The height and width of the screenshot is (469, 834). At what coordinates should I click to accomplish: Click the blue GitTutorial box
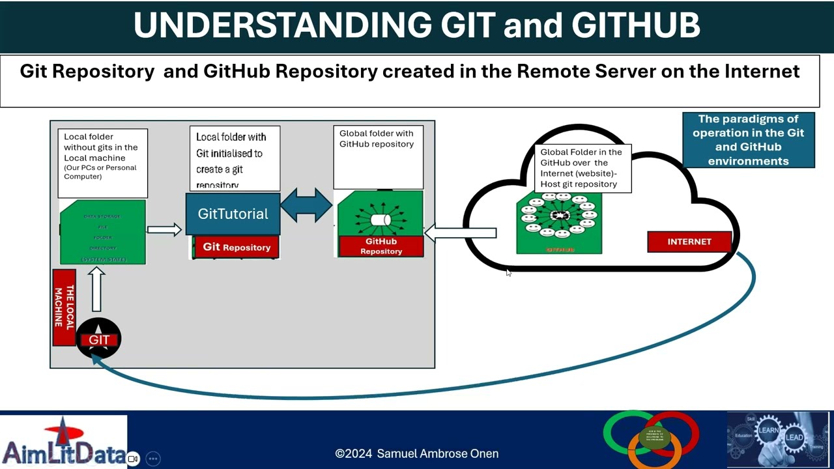coord(233,214)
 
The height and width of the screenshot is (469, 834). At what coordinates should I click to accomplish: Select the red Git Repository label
coord(237,247)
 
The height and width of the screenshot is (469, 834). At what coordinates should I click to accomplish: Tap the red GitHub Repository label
coord(381,246)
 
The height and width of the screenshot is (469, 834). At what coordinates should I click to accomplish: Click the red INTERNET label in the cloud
coord(689,242)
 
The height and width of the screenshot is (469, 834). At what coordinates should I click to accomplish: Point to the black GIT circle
coord(98,339)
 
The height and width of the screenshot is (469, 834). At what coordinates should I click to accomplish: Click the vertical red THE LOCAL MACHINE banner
coord(64,307)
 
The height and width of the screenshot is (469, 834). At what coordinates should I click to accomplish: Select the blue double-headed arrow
coord(306,205)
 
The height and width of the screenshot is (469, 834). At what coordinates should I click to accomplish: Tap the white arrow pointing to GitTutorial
coord(164,229)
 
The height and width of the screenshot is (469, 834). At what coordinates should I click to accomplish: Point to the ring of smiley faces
coord(559,216)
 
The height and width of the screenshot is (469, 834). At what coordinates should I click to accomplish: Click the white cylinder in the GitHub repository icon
coord(380,220)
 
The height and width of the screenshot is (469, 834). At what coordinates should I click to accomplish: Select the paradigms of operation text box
coord(748,140)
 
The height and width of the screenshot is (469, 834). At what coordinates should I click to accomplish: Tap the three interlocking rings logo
coord(652,438)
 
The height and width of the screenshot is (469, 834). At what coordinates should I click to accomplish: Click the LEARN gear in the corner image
coord(769,431)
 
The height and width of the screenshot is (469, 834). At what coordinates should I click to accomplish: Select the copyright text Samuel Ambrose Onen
coord(417,453)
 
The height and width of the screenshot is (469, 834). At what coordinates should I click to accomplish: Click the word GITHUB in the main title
coord(635,25)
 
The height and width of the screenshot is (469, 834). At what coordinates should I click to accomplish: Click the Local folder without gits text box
coord(102,163)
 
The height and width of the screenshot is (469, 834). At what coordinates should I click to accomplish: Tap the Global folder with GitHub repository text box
coord(378,156)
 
